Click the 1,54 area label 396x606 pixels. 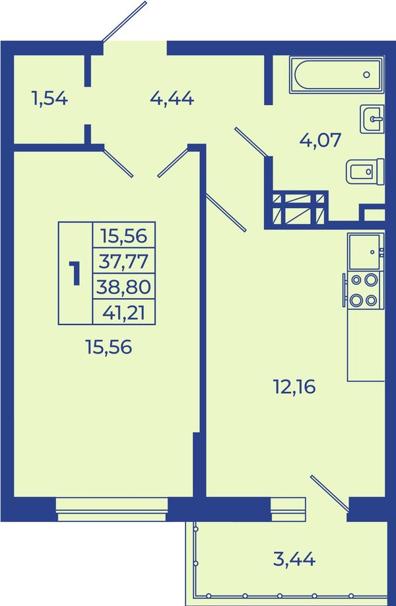point(50,99)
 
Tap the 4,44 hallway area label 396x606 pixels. point(172,99)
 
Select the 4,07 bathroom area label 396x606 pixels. point(320,139)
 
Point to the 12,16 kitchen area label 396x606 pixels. point(294,387)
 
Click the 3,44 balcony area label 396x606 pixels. point(294,559)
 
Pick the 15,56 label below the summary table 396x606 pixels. point(109,347)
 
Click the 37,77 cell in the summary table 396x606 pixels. point(123,261)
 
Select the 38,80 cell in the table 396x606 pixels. point(123,287)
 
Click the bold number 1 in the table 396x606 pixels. point(75,273)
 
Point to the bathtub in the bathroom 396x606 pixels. point(336,75)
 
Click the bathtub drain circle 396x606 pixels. point(367,75)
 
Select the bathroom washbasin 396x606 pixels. point(372,119)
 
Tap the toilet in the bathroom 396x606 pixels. point(365,171)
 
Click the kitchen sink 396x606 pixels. point(366,251)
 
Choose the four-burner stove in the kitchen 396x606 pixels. point(364,290)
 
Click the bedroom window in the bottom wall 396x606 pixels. point(112,510)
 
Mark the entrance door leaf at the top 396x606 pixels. point(124,21)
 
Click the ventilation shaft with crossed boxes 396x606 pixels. point(298,209)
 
